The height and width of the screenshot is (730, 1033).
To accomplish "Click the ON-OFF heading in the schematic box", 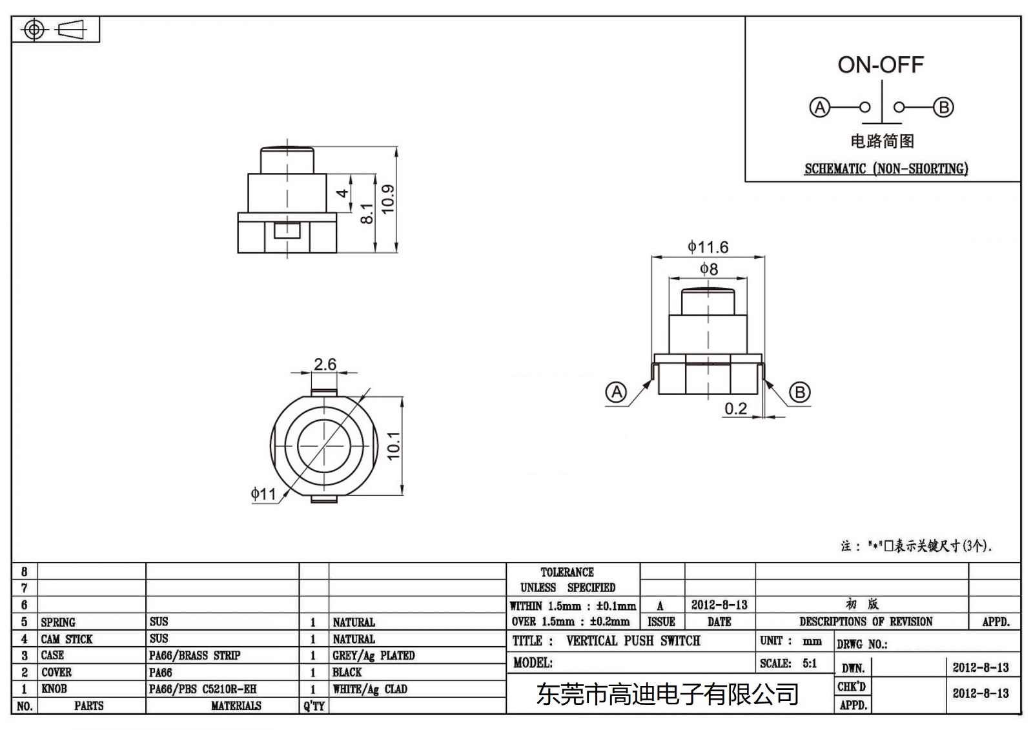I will pos(881,65).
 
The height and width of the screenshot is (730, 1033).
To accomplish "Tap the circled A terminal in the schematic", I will pos(819,107).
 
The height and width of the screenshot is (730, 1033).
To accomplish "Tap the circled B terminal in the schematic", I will pos(943,107).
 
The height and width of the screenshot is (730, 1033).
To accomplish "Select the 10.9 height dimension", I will pos(387,199).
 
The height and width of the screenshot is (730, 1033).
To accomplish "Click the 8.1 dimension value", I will pos(366,213).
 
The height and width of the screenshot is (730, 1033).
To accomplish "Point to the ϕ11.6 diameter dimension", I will pos(708,247).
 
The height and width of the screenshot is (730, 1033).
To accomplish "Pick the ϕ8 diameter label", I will pos(709,269).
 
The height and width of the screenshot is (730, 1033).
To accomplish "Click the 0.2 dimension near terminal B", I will pos(735,409).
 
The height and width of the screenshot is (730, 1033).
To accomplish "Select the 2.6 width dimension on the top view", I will pos(325,365).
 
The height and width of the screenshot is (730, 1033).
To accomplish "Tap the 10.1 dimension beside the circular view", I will pos(393,446).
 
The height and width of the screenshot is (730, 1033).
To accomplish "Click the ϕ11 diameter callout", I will pos(263,494).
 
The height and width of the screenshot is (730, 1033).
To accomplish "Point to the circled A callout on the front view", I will pos(617,392).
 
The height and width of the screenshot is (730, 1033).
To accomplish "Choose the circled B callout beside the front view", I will pos(800,392).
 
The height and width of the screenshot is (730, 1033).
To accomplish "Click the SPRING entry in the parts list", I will pos(58,622).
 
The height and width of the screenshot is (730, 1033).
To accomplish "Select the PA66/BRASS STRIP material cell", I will pos(194,656).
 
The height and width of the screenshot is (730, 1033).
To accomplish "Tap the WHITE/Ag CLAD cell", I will pos(370,689).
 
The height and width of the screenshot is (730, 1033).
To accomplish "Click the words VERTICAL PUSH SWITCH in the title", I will pos(633,641).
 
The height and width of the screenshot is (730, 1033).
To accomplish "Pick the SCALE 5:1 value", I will pos(810,664).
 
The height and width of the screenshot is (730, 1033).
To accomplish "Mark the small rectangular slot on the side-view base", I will pos(287,230).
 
